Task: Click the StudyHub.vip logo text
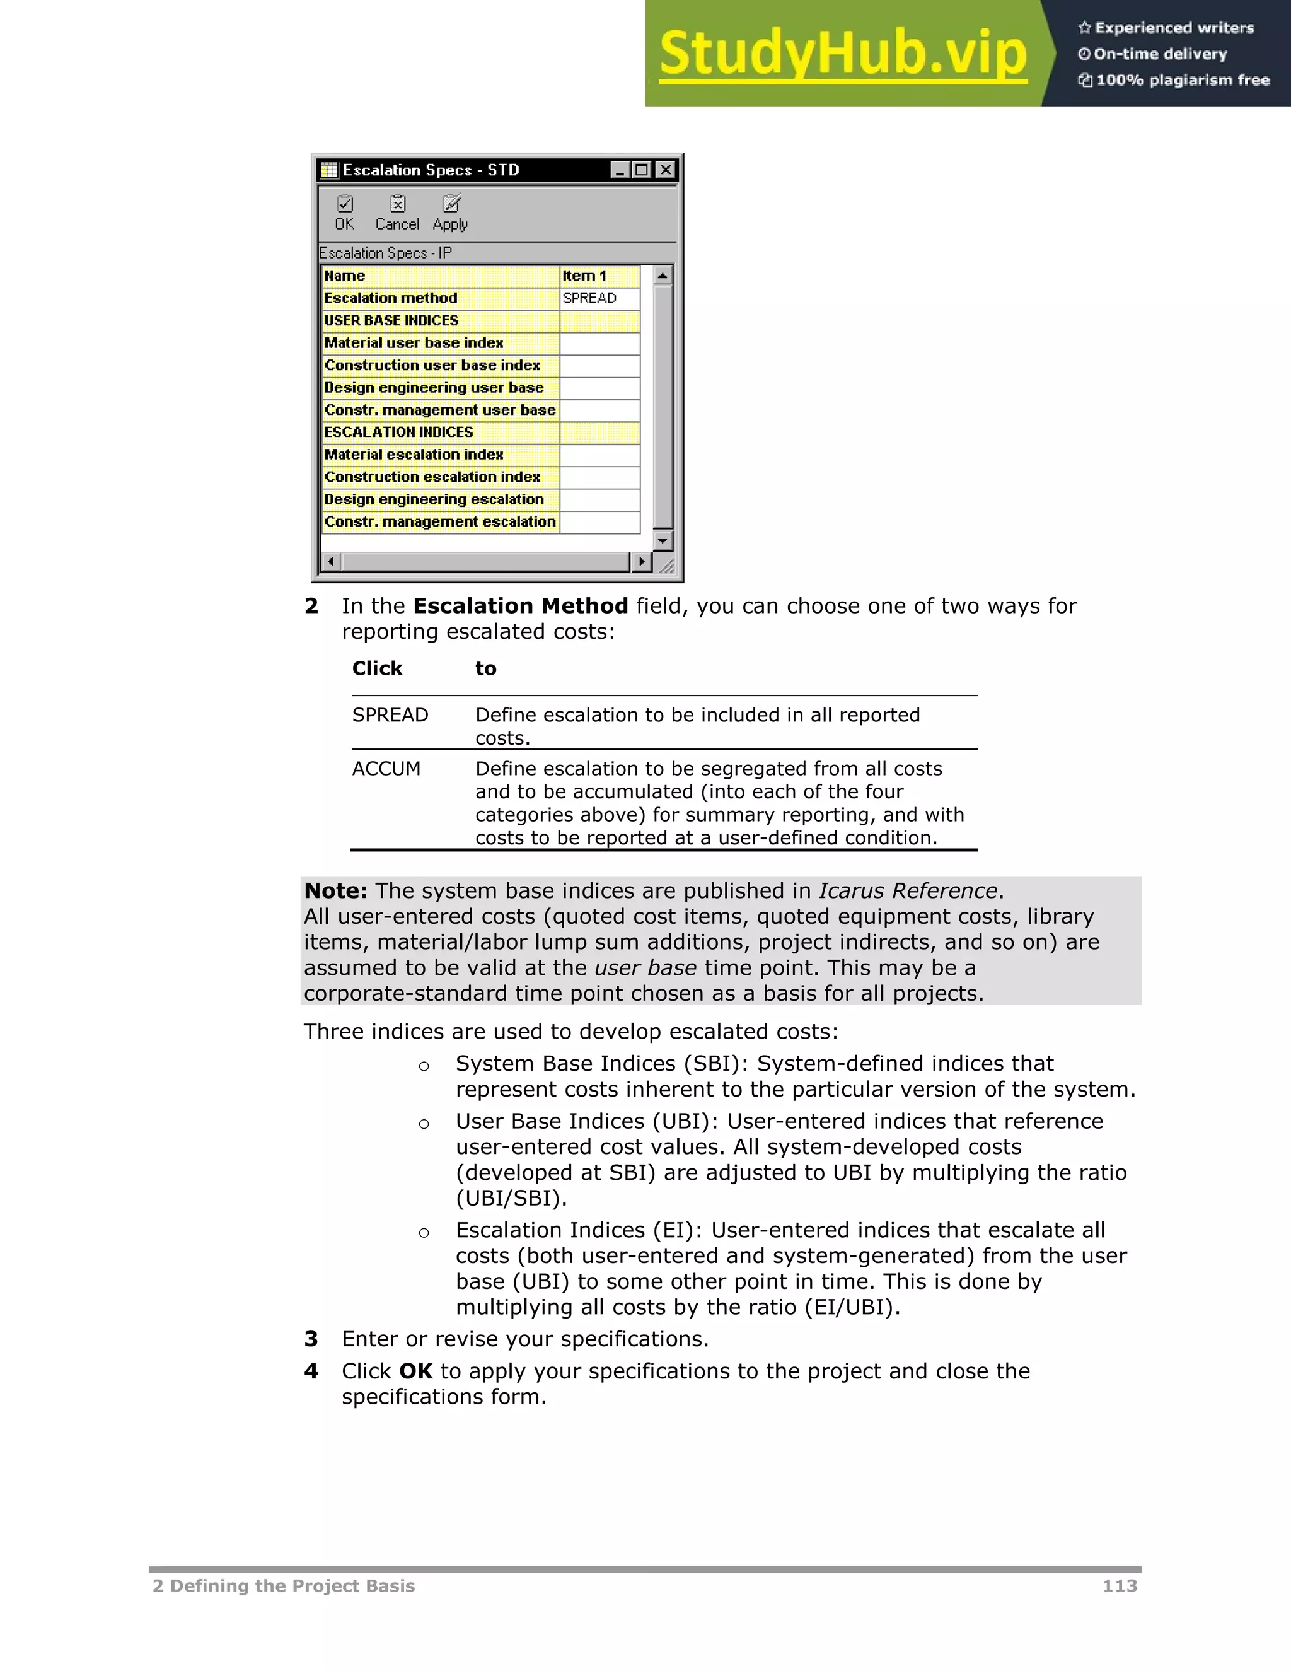[843, 54]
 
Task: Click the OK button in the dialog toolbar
[345, 213]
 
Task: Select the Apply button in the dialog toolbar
[451, 213]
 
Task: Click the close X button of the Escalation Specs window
[666, 170]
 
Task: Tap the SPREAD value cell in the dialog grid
[599, 298]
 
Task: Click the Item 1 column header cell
[599, 276]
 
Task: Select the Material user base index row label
[414, 343]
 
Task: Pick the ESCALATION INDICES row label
[398, 433]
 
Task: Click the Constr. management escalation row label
[440, 522]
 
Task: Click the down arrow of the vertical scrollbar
[663, 540]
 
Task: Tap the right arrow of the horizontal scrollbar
[642, 562]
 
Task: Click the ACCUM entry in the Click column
[386, 768]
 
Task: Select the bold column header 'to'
[485, 668]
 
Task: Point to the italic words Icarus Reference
[908, 890]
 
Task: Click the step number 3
[311, 1339]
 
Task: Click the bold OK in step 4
[416, 1371]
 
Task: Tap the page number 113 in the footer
[1120, 1585]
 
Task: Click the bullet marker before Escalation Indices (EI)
[424, 1233]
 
